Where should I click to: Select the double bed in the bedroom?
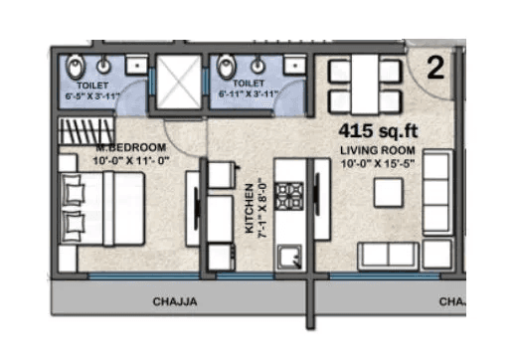99,209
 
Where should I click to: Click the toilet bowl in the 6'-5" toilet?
75,67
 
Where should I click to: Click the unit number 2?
434,69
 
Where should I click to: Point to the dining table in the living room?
363,85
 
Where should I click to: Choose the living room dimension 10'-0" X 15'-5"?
373,162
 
